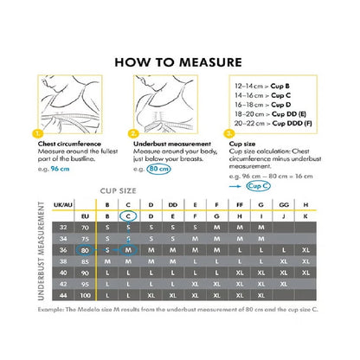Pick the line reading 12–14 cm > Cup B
[x=263, y=87]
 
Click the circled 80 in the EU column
[x=84, y=249]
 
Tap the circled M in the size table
[x=128, y=249]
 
